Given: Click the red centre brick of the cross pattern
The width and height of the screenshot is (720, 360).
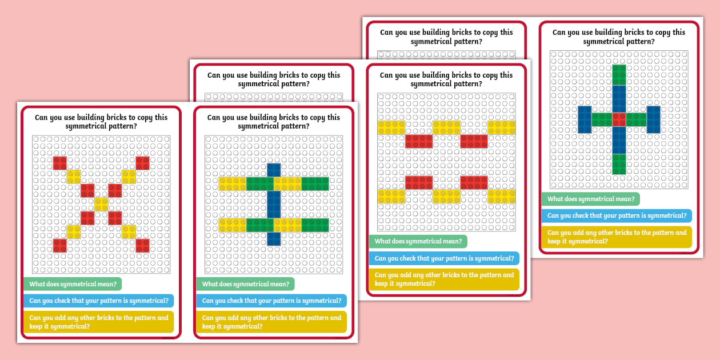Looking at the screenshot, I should point(619,119).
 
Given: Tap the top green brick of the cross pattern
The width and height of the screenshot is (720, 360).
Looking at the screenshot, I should point(619,75).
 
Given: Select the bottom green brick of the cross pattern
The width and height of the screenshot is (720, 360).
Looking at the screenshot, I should point(619,163).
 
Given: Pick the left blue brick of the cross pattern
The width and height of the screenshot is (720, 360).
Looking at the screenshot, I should point(585,119).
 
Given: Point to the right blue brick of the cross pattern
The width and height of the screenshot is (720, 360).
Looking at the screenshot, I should point(653,119).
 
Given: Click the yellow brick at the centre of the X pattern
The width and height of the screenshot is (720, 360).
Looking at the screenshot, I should point(101,204).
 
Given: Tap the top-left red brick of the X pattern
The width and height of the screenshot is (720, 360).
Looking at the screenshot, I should point(60,163).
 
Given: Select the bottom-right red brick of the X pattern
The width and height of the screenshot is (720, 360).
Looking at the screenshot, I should point(142,245).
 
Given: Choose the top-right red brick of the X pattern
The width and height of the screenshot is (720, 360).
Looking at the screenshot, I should point(142,163).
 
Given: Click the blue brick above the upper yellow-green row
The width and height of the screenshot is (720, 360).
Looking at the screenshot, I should point(274,170).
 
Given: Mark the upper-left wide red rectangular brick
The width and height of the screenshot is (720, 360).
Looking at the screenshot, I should point(419,141).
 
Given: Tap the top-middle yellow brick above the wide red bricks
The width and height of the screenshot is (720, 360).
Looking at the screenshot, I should point(446,127).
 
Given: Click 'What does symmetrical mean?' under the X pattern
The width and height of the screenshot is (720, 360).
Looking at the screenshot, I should point(73,284).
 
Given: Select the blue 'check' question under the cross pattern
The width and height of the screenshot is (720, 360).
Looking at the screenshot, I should point(617,215).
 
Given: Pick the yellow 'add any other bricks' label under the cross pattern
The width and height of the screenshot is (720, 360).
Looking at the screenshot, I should point(617,237).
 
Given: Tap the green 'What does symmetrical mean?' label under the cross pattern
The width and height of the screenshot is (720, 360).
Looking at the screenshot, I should point(590,199).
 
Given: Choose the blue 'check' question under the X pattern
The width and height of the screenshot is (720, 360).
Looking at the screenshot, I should point(99,301).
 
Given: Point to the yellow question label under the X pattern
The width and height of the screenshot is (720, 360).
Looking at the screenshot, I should point(99,322).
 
